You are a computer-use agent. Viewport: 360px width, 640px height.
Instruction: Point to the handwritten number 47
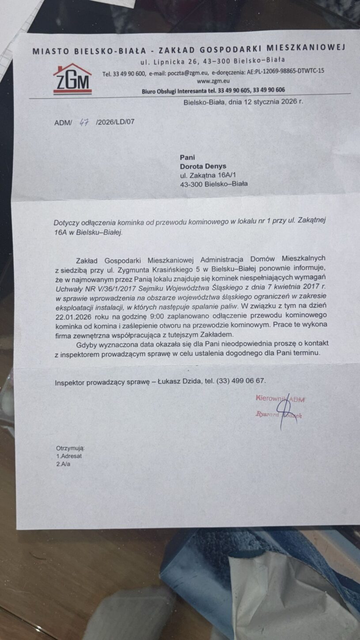(x=83, y=121)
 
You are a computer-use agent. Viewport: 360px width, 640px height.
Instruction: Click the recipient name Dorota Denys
(x=203, y=167)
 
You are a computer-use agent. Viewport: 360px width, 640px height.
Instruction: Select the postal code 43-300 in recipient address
(x=192, y=184)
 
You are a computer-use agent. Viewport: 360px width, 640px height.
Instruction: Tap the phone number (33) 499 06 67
(x=241, y=381)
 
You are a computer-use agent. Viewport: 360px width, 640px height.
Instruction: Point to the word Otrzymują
(x=70, y=448)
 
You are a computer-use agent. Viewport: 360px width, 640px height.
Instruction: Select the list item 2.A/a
(x=63, y=464)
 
